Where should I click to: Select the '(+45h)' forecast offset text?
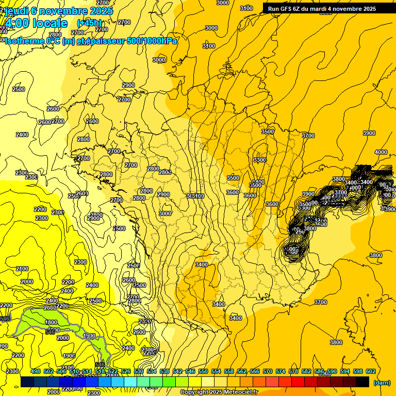89,23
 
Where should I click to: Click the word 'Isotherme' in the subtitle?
24,41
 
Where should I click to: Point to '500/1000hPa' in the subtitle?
152,41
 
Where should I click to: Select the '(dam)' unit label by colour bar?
382,382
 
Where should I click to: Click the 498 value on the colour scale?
36,371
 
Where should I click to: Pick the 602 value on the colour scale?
371,371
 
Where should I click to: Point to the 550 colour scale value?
203,371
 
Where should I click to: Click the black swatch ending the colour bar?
362,382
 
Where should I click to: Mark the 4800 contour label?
52,322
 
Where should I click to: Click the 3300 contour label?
260,160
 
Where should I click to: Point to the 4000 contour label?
381,152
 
